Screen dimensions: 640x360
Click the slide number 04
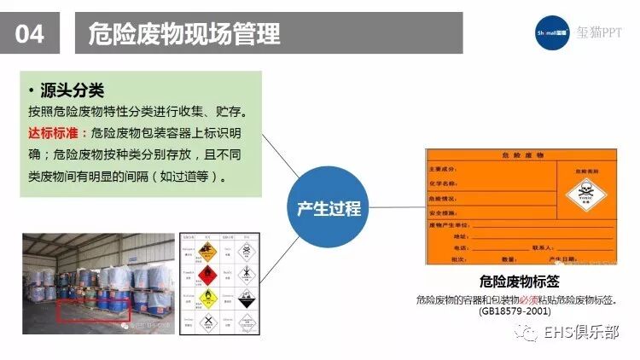coord(31,33)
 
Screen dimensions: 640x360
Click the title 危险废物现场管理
coord(184,33)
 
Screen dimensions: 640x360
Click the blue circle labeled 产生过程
coord(329,207)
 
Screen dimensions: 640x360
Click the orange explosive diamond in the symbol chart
coord(205,248)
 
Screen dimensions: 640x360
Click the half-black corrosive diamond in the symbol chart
coord(245,298)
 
